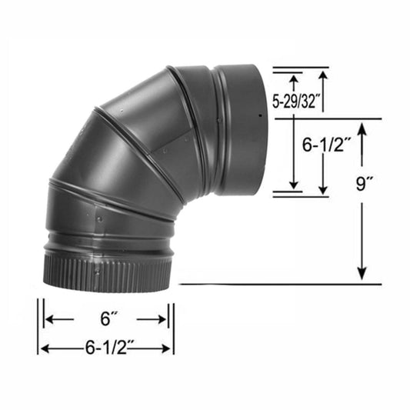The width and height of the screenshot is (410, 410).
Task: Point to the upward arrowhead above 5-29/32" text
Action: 292,77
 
